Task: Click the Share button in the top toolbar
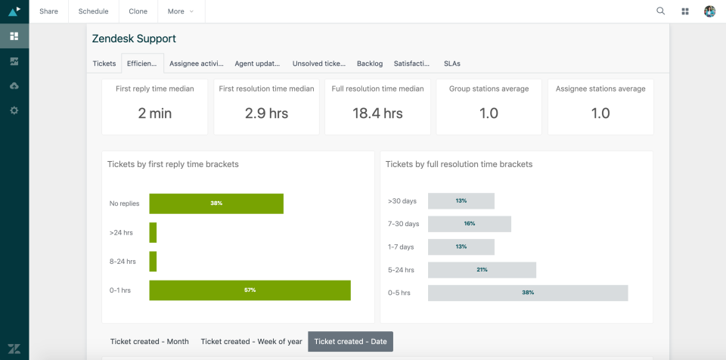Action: click(48, 11)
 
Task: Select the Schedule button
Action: click(93, 11)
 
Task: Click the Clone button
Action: click(138, 11)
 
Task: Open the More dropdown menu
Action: click(181, 11)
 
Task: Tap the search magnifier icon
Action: click(660, 11)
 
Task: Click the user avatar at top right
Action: click(709, 11)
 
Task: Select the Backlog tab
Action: click(370, 64)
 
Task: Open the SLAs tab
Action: click(451, 64)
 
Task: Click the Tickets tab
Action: click(104, 64)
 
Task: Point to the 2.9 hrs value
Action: click(266, 113)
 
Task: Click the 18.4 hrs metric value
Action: click(377, 113)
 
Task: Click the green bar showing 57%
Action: click(250, 290)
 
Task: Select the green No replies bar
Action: click(216, 203)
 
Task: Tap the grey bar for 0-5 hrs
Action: click(528, 293)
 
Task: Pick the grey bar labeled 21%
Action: click(482, 270)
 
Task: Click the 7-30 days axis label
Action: click(403, 224)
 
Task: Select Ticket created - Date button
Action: click(350, 342)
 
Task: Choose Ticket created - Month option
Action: click(150, 342)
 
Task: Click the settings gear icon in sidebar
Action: click(14, 110)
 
